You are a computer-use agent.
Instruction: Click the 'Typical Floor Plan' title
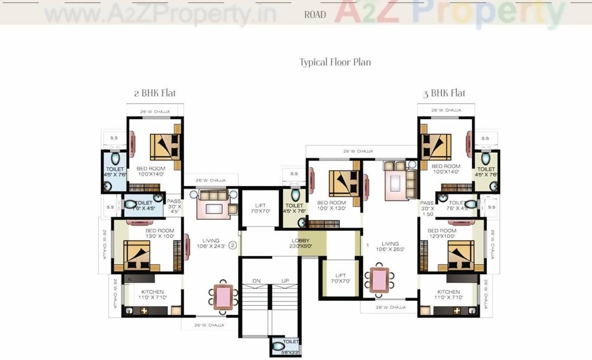335,62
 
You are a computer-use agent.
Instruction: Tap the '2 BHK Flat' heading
155,93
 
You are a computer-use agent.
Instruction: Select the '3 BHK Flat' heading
444,93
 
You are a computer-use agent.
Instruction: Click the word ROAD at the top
315,15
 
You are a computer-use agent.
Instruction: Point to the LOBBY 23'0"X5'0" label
300,244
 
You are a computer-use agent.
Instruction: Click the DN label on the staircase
256,281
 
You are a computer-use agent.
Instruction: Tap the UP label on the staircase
285,281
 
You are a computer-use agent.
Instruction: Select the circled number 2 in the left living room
233,245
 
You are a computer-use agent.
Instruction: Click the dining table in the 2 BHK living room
223,297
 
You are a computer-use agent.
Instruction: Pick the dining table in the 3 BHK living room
380,280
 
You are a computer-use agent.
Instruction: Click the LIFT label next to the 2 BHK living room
260,208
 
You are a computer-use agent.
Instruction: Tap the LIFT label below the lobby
340,278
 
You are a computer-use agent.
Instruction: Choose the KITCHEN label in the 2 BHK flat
153,295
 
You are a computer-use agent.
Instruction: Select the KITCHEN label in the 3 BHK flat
448,295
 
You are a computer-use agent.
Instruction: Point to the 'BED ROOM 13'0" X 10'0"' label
159,234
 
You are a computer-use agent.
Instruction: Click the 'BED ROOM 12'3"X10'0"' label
442,234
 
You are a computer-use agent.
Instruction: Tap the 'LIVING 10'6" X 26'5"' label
390,246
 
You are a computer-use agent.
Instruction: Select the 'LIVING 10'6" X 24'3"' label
211,243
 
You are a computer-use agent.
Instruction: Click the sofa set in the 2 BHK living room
213,204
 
